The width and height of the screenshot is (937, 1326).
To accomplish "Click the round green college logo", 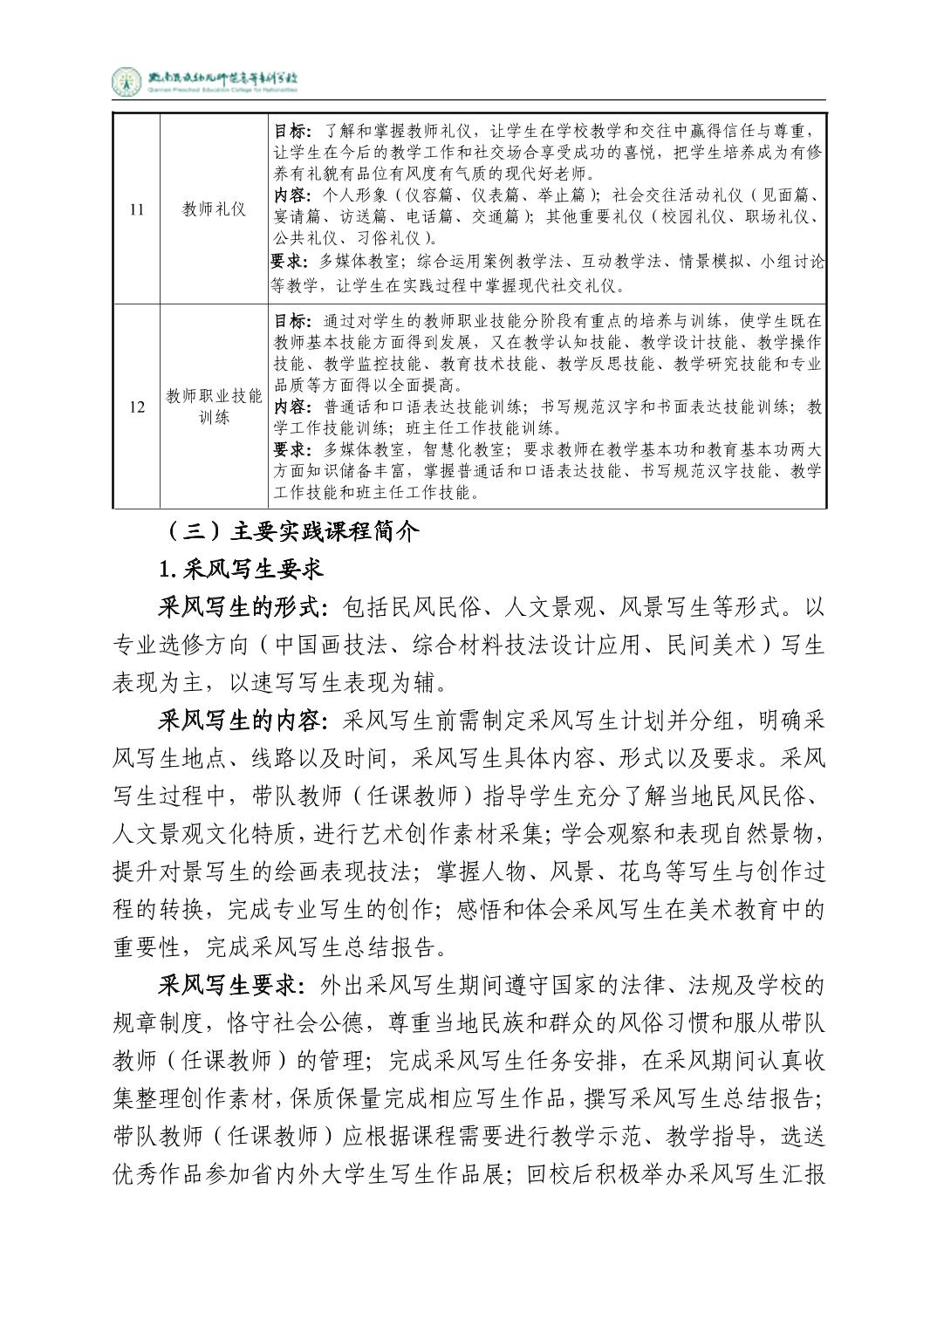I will [x=127, y=82].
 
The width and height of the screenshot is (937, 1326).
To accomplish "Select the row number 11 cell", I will [x=136, y=209].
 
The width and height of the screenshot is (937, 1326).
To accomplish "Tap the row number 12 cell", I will [x=136, y=407].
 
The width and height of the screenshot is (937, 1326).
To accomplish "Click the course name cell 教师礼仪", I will [x=214, y=209].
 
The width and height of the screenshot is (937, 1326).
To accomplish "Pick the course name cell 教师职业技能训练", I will [x=214, y=407].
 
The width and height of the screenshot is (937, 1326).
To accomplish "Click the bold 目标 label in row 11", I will [x=291, y=131].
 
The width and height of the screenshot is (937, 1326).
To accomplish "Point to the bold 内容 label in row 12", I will [x=291, y=407].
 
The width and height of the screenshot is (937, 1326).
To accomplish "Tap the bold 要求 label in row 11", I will [x=291, y=261].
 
